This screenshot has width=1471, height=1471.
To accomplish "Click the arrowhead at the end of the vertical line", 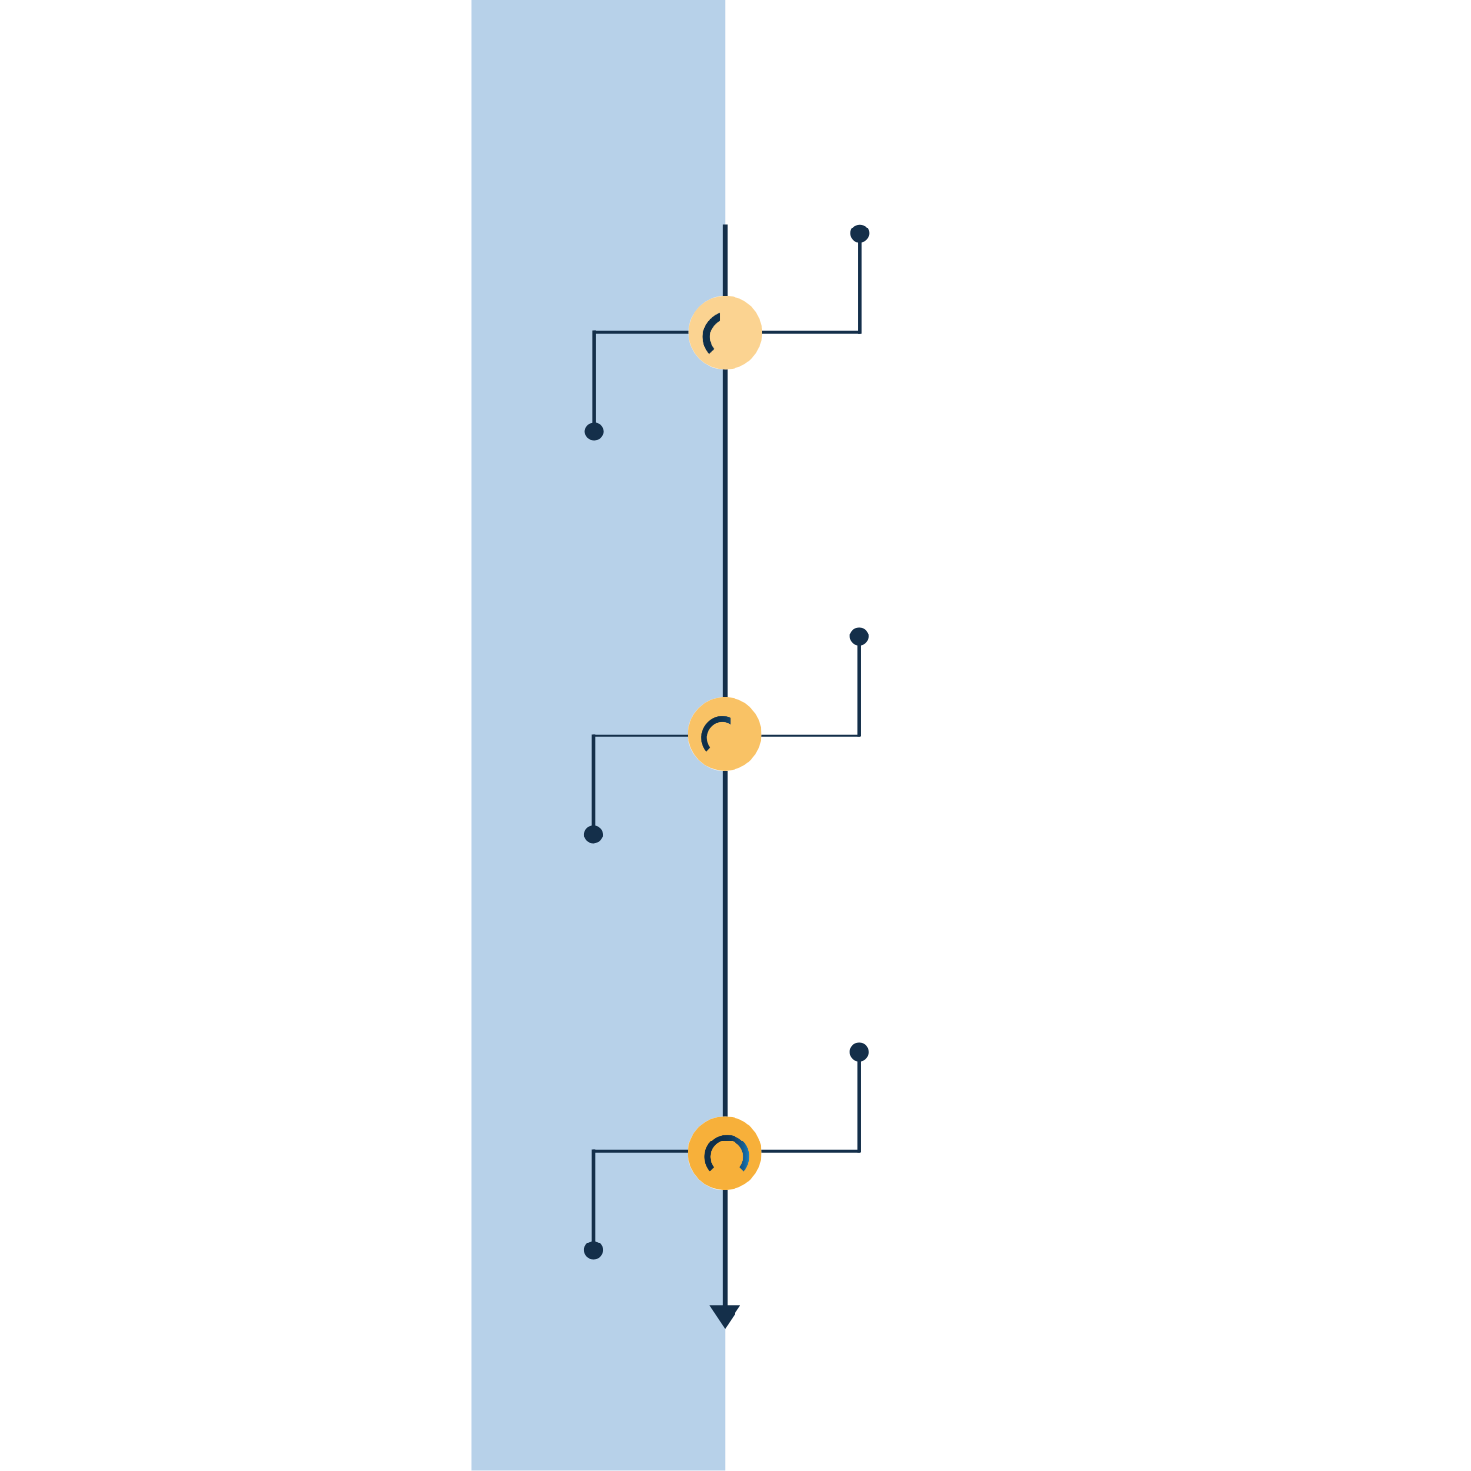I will click(725, 1315).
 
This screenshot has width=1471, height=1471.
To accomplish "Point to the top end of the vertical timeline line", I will click(725, 227).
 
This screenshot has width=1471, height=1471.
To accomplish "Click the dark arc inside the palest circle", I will click(709, 333).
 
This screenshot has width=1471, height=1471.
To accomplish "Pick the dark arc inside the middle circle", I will click(712, 729).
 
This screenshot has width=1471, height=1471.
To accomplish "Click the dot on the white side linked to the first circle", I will click(860, 233).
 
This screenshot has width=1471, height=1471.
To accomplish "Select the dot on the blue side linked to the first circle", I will click(594, 431).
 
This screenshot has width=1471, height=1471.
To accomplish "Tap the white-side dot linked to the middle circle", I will click(859, 636).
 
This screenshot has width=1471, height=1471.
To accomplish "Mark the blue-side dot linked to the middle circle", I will click(593, 835).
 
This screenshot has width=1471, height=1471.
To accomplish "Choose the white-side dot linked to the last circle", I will click(859, 1052).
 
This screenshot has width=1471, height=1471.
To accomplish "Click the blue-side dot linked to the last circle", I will click(593, 1250).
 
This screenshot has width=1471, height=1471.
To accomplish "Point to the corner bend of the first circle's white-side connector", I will click(860, 332).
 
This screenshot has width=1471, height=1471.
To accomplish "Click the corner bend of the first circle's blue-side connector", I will click(594, 332).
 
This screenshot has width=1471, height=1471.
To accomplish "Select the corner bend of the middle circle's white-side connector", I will click(859, 735).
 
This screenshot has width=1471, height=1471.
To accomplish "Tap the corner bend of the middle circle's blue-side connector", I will click(593, 735).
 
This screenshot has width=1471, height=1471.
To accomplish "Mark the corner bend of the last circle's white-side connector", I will click(859, 1151).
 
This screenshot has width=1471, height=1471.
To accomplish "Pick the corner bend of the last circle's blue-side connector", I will click(593, 1151).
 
